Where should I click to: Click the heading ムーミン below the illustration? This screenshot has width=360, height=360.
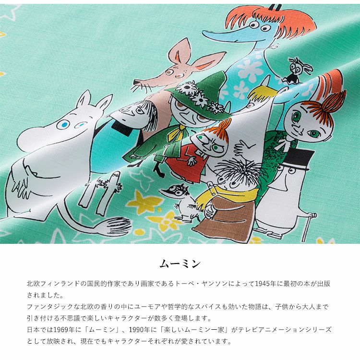[x=180, y=264]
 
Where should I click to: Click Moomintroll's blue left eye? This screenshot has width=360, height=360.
[x=63, y=124]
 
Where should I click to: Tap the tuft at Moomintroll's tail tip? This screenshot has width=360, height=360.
[x=118, y=226]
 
